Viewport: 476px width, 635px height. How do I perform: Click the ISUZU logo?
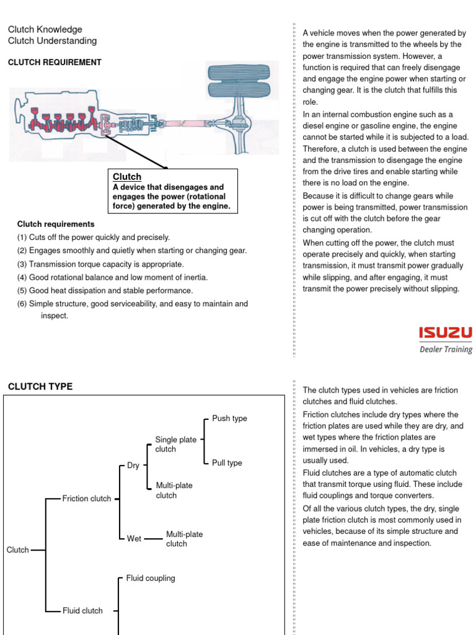pyautogui.click(x=445, y=333)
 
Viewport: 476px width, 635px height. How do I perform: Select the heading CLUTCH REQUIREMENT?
pyautogui.click(x=55, y=63)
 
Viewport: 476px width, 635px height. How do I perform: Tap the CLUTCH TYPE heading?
pyautogui.click(x=40, y=386)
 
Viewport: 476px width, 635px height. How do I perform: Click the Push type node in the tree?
pyautogui.click(x=229, y=419)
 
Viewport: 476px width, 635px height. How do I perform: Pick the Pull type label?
pyautogui.click(x=227, y=463)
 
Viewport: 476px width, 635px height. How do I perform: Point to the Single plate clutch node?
pyautogui.click(x=175, y=444)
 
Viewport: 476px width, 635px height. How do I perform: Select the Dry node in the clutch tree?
pyautogui.click(x=133, y=466)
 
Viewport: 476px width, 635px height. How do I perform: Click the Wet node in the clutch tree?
pyautogui.click(x=134, y=539)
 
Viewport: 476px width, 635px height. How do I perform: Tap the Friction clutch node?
pyautogui.click(x=87, y=499)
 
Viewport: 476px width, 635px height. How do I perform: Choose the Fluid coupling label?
pyautogui.click(x=151, y=579)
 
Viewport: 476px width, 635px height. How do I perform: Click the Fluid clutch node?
pyautogui.click(x=82, y=611)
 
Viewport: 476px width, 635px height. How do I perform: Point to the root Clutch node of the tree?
pyautogui.click(x=18, y=550)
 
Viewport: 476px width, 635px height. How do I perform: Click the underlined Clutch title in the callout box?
pyautogui.click(x=127, y=177)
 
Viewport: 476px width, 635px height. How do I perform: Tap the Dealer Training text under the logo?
pyautogui.click(x=446, y=349)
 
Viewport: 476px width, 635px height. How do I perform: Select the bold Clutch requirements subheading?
pyautogui.click(x=56, y=224)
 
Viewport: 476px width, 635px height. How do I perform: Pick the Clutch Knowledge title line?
pyautogui.click(x=45, y=29)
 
